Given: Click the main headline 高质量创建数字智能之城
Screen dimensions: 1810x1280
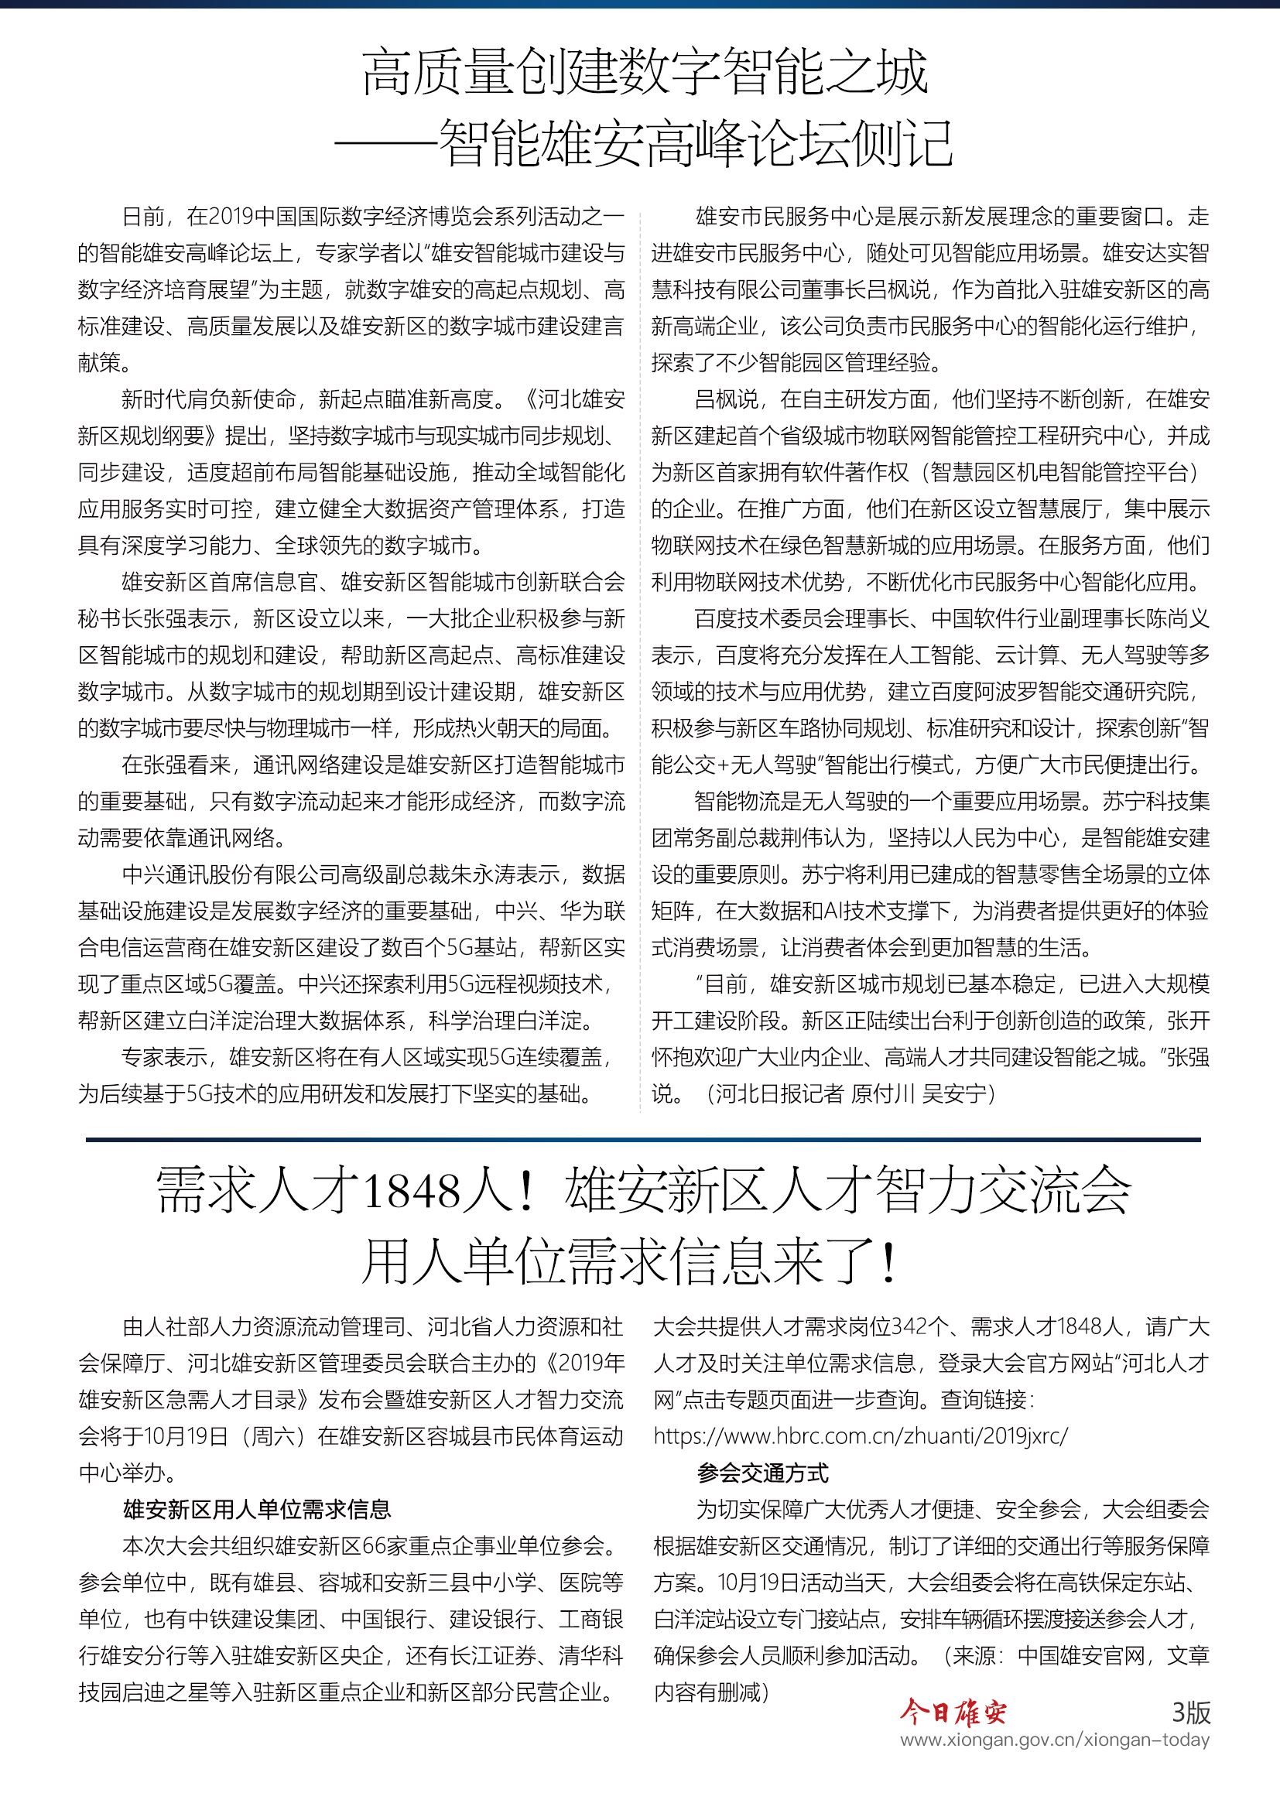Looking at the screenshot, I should coord(645,73).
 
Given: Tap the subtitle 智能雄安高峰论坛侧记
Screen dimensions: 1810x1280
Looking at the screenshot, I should coord(696,144).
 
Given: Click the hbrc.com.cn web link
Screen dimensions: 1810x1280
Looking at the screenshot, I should coord(860,1436).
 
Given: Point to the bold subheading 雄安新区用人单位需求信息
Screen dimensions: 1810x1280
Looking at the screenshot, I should coord(257,1510).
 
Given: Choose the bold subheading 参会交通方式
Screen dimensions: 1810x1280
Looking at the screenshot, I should coord(762,1473).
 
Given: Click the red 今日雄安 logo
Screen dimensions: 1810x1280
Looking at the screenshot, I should coord(953,1712).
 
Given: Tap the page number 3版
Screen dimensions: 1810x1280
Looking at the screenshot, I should coord(1190,1712).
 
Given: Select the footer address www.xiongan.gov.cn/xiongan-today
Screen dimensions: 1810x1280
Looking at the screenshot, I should coord(1055,1740).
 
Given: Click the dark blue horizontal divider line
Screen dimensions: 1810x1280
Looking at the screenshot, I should coord(642,1140).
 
